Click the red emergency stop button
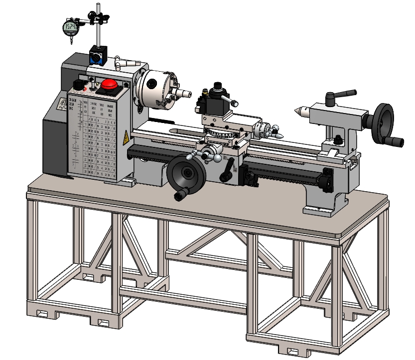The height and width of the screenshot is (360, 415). click(109, 85)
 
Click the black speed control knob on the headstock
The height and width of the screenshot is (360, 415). click(77, 84)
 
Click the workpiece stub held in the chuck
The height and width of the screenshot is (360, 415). click(185, 93)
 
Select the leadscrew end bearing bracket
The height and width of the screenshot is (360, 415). click(327, 179)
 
